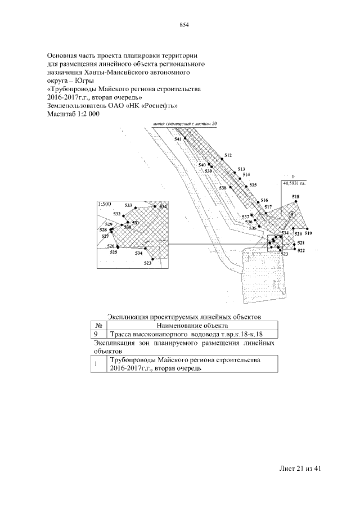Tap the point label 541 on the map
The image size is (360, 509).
pyautogui.click(x=178, y=139)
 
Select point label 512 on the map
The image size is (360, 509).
pyautogui.click(x=228, y=155)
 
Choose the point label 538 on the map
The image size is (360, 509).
pyautogui.click(x=223, y=188)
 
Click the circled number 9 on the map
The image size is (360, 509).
pyautogui.click(x=291, y=215)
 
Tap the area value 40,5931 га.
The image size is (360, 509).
pyautogui.click(x=294, y=183)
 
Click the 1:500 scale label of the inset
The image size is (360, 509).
pyautogui.click(x=103, y=204)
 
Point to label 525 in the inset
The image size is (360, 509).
pyautogui.click(x=114, y=253)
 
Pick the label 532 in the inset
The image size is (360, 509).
pyautogui.click(x=117, y=214)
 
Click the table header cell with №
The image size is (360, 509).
pyautogui.click(x=98, y=325)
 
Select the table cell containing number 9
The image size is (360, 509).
pyautogui.click(x=98, y=334)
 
